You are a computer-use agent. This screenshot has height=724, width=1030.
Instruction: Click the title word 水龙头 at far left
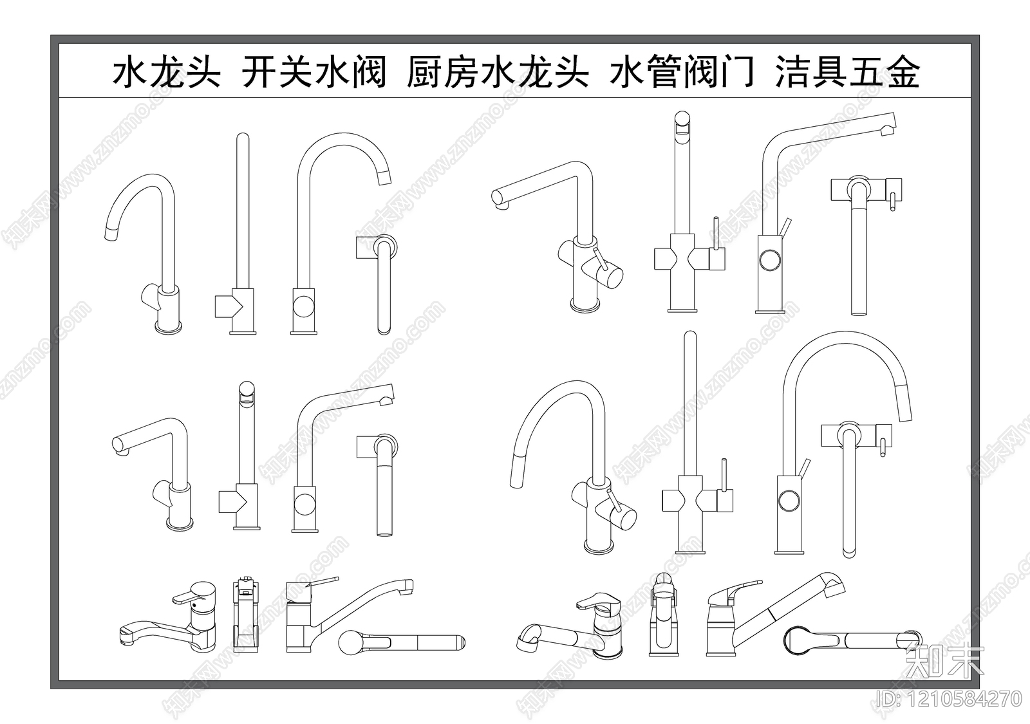click(167, 72)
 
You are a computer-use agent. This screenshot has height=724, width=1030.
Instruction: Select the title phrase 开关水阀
click(314, 72)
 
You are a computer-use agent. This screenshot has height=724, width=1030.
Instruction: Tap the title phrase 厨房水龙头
click(498, 72)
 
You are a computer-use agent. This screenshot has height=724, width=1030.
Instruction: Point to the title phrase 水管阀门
click(682, 72)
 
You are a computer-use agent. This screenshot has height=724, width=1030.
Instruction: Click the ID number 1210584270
click(949, 699)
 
